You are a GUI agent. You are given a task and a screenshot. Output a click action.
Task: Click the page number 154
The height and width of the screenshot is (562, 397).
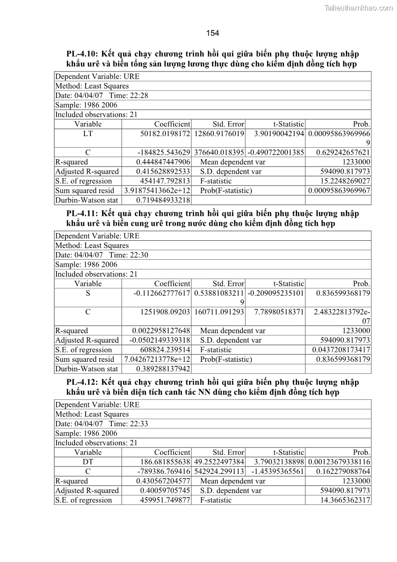click(212, 33)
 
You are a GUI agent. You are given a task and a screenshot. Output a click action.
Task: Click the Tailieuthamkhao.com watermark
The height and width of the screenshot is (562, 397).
click(358, 8)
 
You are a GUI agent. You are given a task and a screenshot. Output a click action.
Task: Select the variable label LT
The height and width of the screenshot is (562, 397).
click(88, 134)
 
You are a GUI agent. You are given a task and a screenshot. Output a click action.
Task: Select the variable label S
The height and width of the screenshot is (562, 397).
click(88, 293)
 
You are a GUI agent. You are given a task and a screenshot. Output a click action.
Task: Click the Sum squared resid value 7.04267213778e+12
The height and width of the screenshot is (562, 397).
click(157, 359)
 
